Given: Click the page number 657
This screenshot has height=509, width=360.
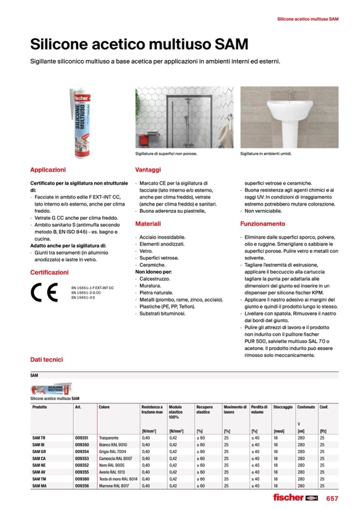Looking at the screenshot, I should [332, 498].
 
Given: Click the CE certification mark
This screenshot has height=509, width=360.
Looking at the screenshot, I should [41, 292].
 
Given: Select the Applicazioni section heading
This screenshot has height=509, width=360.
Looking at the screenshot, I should [48, 170].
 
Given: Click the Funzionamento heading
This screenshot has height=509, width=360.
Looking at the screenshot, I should [262, 224].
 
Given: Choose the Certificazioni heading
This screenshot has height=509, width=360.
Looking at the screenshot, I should [49, 272].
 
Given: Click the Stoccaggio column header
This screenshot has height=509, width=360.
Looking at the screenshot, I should [282, 407].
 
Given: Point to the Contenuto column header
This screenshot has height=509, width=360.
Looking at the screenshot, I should [306, 407].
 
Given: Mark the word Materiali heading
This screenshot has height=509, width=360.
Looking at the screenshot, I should [148, 224].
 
